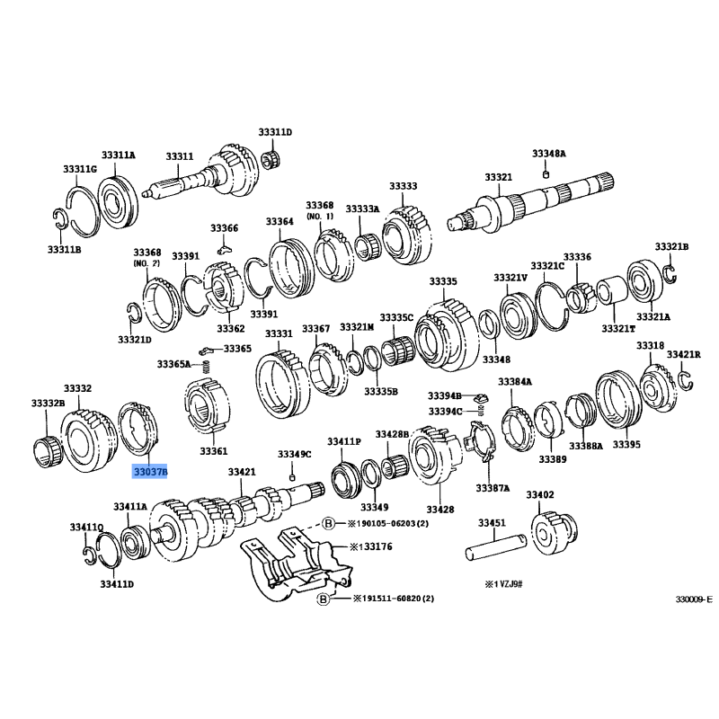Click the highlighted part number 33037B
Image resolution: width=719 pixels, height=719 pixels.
(x=150, y=471)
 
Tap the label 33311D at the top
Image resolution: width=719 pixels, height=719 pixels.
(x=275, y=132)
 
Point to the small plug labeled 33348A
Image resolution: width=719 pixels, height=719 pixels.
(x=546, y=173)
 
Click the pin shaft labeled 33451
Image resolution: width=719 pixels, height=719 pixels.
(x=496, y=546)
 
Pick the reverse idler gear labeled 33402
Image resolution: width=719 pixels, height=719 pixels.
(x=554, y=533)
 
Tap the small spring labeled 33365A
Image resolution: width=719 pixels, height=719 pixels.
(x=207, y=367)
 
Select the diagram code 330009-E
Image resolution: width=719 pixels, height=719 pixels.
(x=694, y=599)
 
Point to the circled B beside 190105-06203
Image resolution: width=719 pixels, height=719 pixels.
(x=329, y=523)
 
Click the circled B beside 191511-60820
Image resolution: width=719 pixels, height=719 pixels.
(x=324, y=599)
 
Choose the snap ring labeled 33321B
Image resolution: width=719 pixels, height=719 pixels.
(x=670, y=274)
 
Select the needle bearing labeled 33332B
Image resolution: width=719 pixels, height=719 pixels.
(x=48, y=452)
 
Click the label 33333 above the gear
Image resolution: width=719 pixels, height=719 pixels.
(x=403, y=186)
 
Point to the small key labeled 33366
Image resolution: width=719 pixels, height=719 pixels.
(x=224, y=249)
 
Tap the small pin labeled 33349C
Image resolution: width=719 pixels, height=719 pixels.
(x=292, y=478)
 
